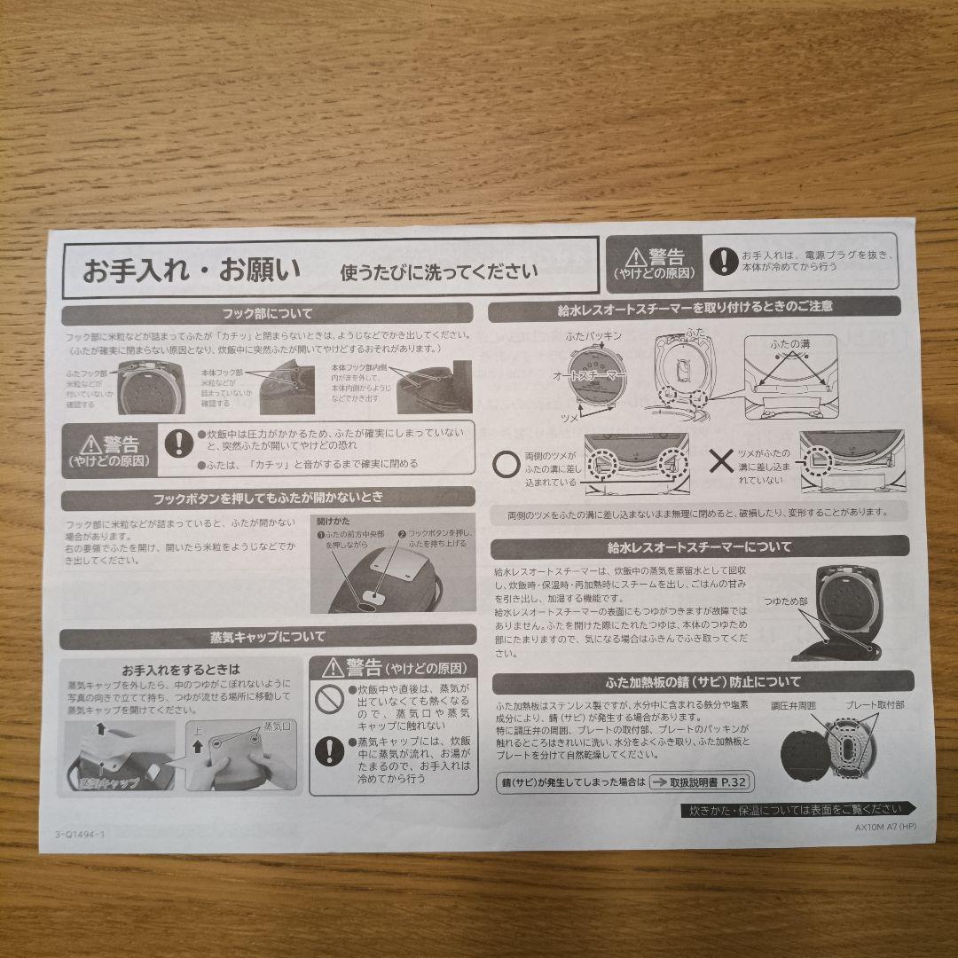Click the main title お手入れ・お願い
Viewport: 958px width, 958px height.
tap(191, 270)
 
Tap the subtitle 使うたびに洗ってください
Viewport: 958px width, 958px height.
tap(439, 271)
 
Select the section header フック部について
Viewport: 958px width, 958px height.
tap(267, 313)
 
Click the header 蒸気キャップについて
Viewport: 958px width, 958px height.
tap(267, 636)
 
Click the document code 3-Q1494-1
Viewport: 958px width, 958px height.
tap(79, 835)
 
